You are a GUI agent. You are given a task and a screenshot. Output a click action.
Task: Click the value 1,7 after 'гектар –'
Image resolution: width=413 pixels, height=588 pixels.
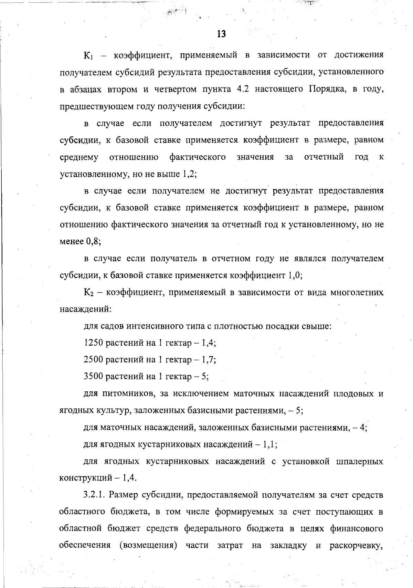point(209,360)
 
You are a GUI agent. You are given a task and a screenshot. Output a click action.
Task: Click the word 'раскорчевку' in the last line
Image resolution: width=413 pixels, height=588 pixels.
point(356,546)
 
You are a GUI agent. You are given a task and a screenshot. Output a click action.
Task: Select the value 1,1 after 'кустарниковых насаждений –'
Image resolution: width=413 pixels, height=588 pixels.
point(270,444)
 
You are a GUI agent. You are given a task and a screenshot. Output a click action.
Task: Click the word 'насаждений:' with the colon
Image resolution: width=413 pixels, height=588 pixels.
point(85,309)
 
